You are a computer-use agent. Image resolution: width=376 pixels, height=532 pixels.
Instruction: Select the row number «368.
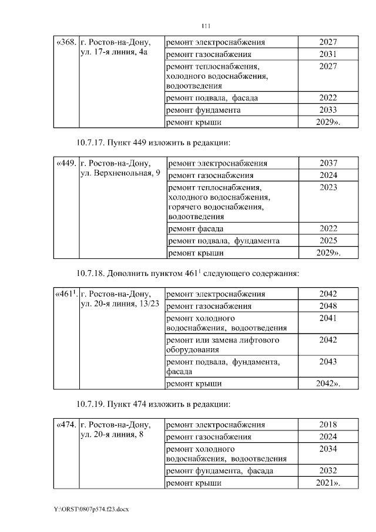tap(65, 43)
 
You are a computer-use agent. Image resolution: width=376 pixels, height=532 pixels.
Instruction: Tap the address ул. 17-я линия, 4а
tap(112, 53)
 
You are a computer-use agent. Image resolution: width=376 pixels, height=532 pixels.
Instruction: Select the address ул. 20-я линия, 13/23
tap(118, 305)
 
